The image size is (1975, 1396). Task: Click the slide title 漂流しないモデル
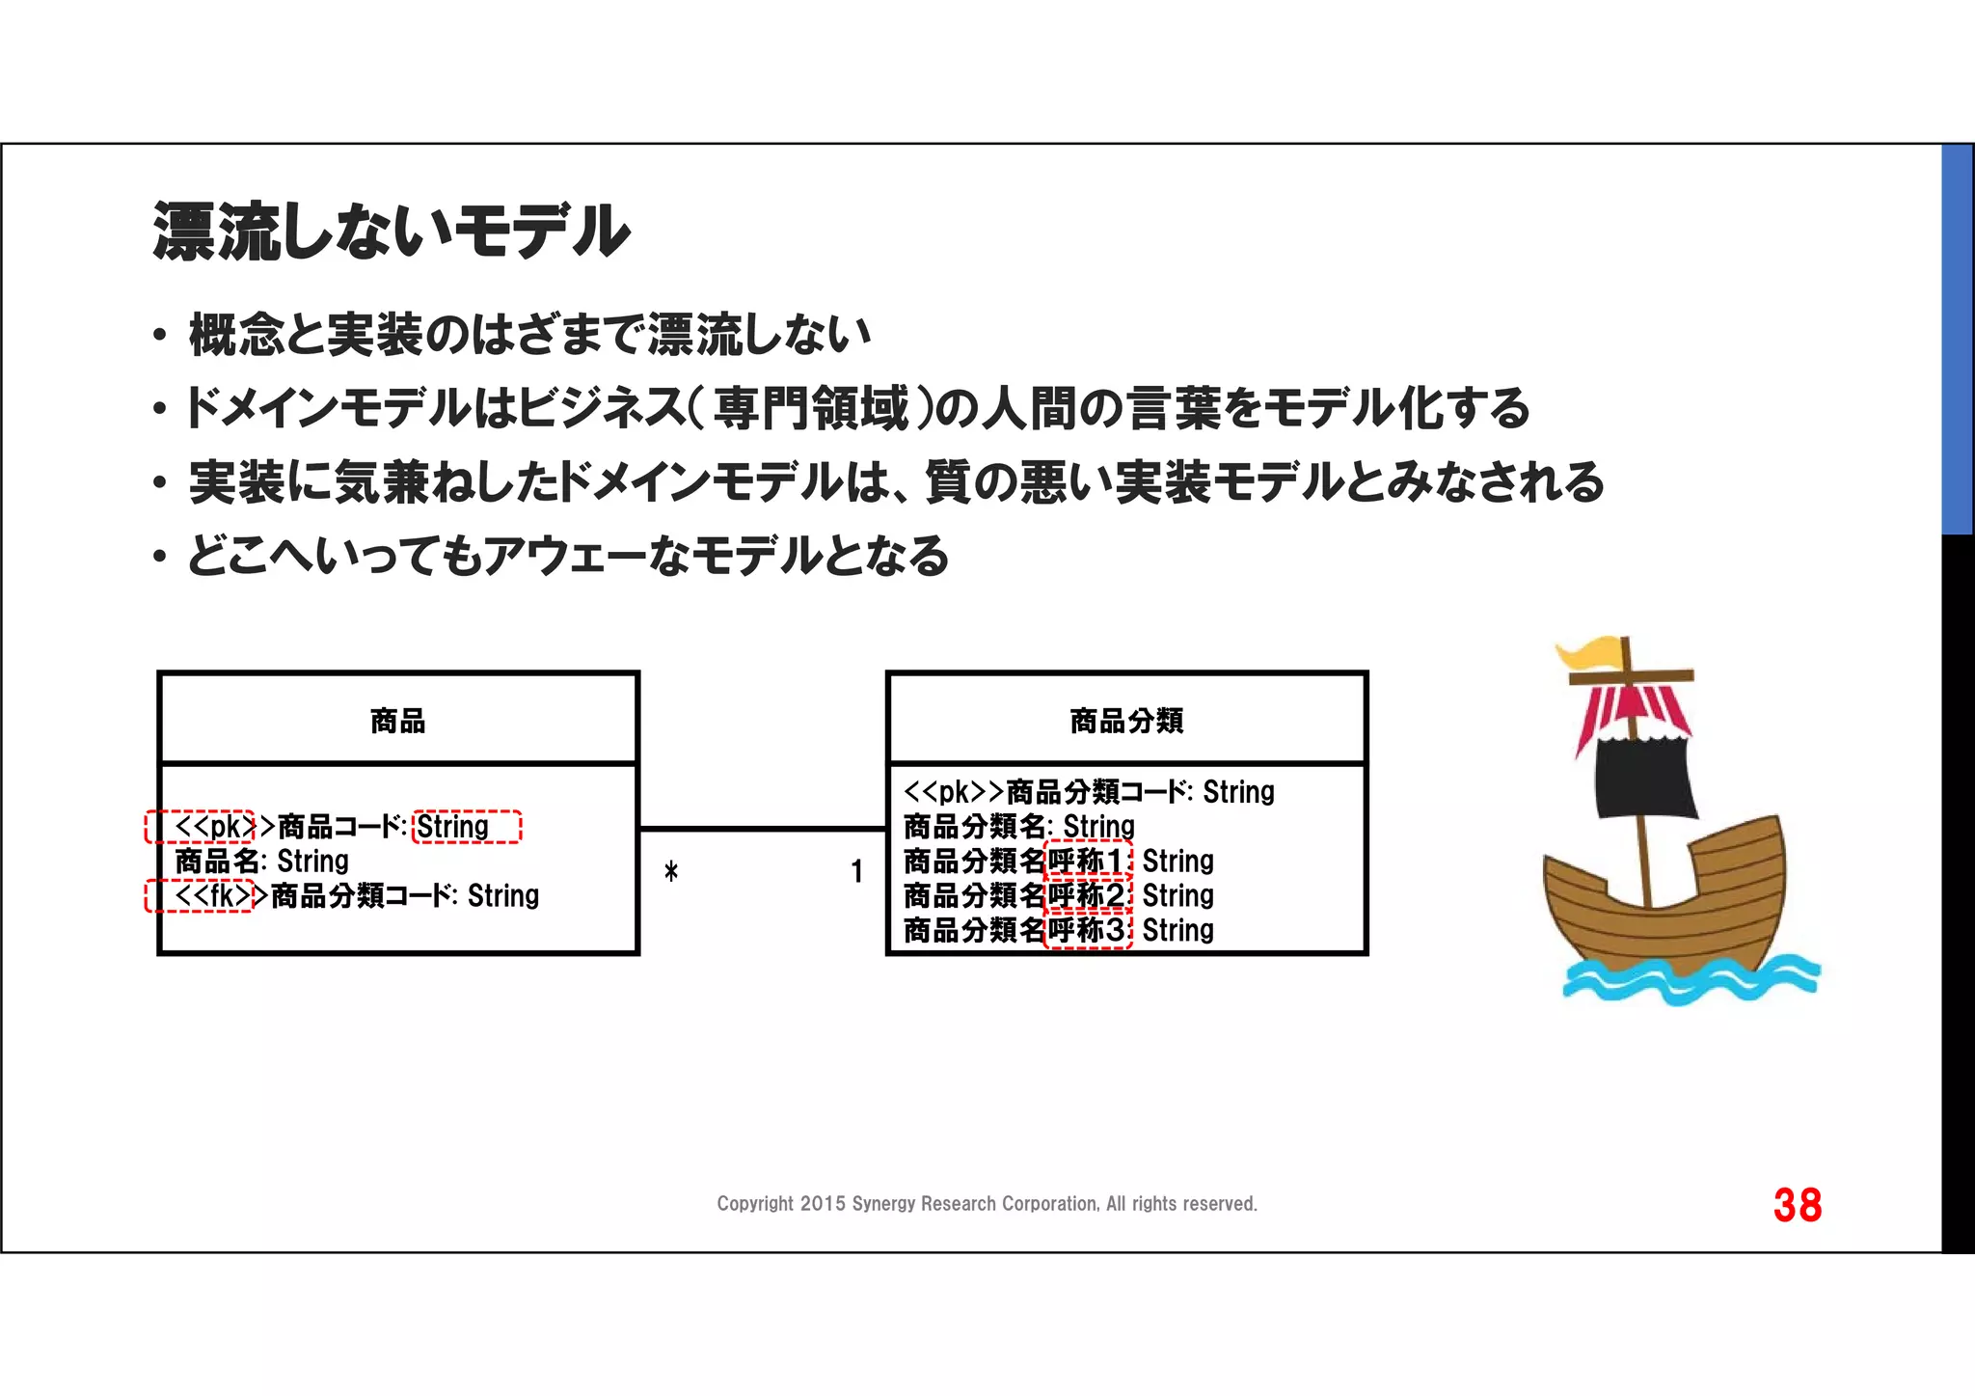click(x=391, y=232)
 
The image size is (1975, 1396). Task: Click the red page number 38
click(x=1797, y=1205)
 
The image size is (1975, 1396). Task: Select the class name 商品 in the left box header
click(x=397, y=721)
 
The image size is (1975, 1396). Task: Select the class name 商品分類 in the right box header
click(x=1126, y=721)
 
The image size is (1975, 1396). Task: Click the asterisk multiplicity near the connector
click(x=671, y=872)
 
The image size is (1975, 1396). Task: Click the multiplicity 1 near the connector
click(x=856, y=872)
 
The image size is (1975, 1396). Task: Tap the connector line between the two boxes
click(x=762, y=828)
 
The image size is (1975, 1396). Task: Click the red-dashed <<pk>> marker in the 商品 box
click(x=201, y=827)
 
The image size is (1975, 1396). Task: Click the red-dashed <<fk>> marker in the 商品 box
click(x=200, y=896)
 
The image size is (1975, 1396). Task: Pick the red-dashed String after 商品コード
click(x=466, y=827)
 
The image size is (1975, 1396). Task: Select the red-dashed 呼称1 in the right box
click(x=1088, y=861)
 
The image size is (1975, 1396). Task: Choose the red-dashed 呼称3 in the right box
click(x=1088, y=930)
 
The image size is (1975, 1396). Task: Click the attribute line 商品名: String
click(x=261, y=861)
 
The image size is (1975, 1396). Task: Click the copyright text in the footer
click(x=987, y=1204)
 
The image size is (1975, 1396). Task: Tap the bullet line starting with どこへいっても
click(x=568, y=556)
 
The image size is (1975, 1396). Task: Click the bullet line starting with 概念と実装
click(x=529, y=335)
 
